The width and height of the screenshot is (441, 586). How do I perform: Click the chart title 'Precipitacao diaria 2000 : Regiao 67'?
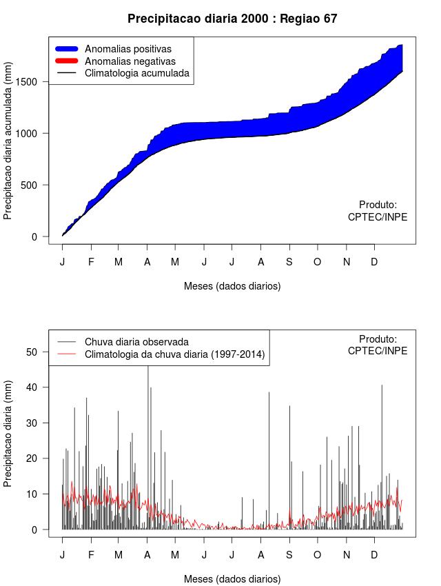point(232,19)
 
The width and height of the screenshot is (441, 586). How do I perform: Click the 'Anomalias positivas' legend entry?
point(127,49)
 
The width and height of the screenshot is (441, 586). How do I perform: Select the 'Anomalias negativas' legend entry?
point(130,61)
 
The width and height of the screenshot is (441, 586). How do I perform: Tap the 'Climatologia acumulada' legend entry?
point(136,73)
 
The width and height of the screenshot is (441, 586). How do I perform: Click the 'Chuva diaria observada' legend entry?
point(136,342)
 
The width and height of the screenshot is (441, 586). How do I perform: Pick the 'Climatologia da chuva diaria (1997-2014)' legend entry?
point(174,355)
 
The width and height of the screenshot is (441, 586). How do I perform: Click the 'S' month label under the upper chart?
point(289,262)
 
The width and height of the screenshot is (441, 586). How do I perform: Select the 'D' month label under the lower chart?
point(374,555)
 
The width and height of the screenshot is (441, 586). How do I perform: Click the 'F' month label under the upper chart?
point(90,262)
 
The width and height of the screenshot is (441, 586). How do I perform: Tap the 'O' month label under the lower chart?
point(318,555)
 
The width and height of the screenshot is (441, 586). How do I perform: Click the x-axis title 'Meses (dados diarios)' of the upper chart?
point(232,285)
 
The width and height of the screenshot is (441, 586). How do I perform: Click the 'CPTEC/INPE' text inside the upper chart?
point(377,216)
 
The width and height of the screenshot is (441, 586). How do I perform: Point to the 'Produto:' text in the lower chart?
point(378,339)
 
